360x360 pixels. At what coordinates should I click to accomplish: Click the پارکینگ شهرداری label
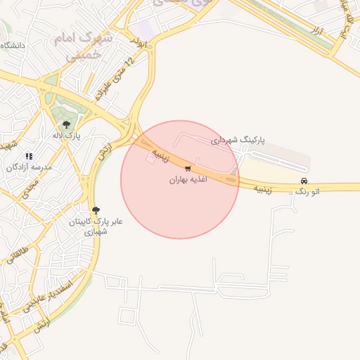click(x=240, y=141)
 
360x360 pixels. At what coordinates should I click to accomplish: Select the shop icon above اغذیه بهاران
click(x=187, y=169)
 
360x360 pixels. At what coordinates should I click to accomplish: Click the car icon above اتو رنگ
click(x=304, y=181)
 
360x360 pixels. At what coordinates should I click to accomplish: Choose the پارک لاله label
click(x=67, y=135)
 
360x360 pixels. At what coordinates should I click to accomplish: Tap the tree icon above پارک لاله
click(x=66, y=124)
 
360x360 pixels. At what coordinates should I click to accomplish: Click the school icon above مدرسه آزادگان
click(x=29, y=156)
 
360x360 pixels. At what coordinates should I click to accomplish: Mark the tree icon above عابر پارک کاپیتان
click(x=96, y=210)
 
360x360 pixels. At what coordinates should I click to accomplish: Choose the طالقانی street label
click(x=20, y=250)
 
